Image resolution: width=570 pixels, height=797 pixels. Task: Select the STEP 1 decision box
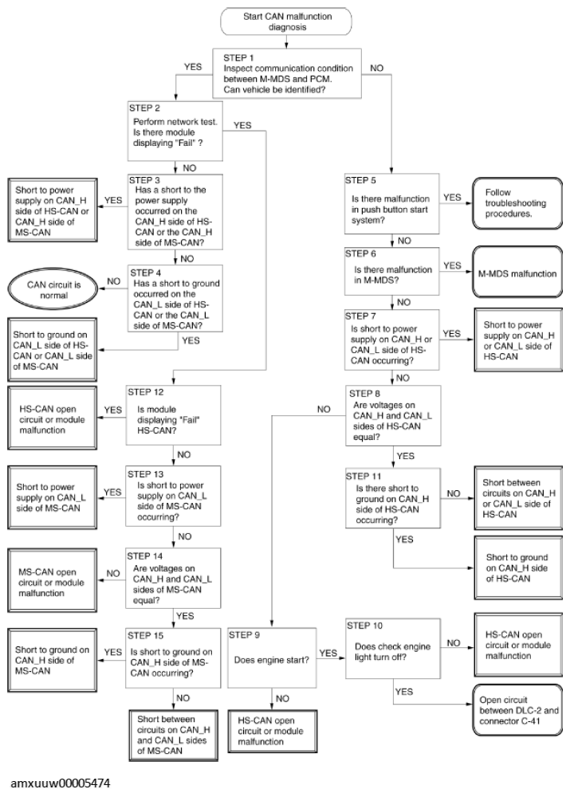[287, 73]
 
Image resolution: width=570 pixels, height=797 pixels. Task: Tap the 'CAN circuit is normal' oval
[53, 290]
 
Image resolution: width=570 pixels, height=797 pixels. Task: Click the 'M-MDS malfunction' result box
[517, 272]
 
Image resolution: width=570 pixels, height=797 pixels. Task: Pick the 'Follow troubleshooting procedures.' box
[517, 203]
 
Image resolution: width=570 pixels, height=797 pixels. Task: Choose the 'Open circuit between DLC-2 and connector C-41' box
[517, 710]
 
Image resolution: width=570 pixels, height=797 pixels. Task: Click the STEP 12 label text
[146, 392]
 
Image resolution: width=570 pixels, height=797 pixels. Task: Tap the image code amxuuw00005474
[60, 783]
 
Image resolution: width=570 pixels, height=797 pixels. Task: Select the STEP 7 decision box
[391, 340]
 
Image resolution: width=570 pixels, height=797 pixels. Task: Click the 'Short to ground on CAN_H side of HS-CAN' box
[518, 567]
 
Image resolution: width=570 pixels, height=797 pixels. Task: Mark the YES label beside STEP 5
[452, 198]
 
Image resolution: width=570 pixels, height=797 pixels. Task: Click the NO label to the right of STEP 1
[377, 68]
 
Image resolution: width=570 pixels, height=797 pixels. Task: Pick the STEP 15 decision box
[173, 658]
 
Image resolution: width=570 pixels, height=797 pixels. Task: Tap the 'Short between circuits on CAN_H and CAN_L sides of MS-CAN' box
[173, 735]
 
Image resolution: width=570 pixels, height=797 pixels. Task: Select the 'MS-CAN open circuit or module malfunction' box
[52, 580]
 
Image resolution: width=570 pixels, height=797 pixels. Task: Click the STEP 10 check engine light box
[393, 648]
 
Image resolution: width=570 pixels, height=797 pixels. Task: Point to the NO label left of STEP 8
[324, 409]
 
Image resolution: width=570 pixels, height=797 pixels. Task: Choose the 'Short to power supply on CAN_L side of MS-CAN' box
[52, 497]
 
